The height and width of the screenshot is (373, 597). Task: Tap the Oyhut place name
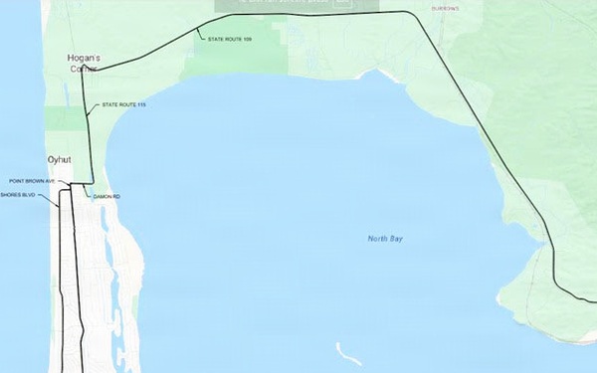point(59,159)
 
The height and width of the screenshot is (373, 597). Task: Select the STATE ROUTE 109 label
point(230,39)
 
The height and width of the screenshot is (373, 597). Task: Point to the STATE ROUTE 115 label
point(124,104)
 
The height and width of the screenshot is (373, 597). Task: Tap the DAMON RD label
point(106,197)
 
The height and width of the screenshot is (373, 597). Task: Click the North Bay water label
point(385,239)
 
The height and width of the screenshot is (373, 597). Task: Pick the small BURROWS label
point(446,8)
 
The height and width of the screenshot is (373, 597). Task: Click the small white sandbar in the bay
point(348,354)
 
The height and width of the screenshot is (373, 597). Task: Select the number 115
point(141,104)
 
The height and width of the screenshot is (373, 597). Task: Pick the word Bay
point(397,239)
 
